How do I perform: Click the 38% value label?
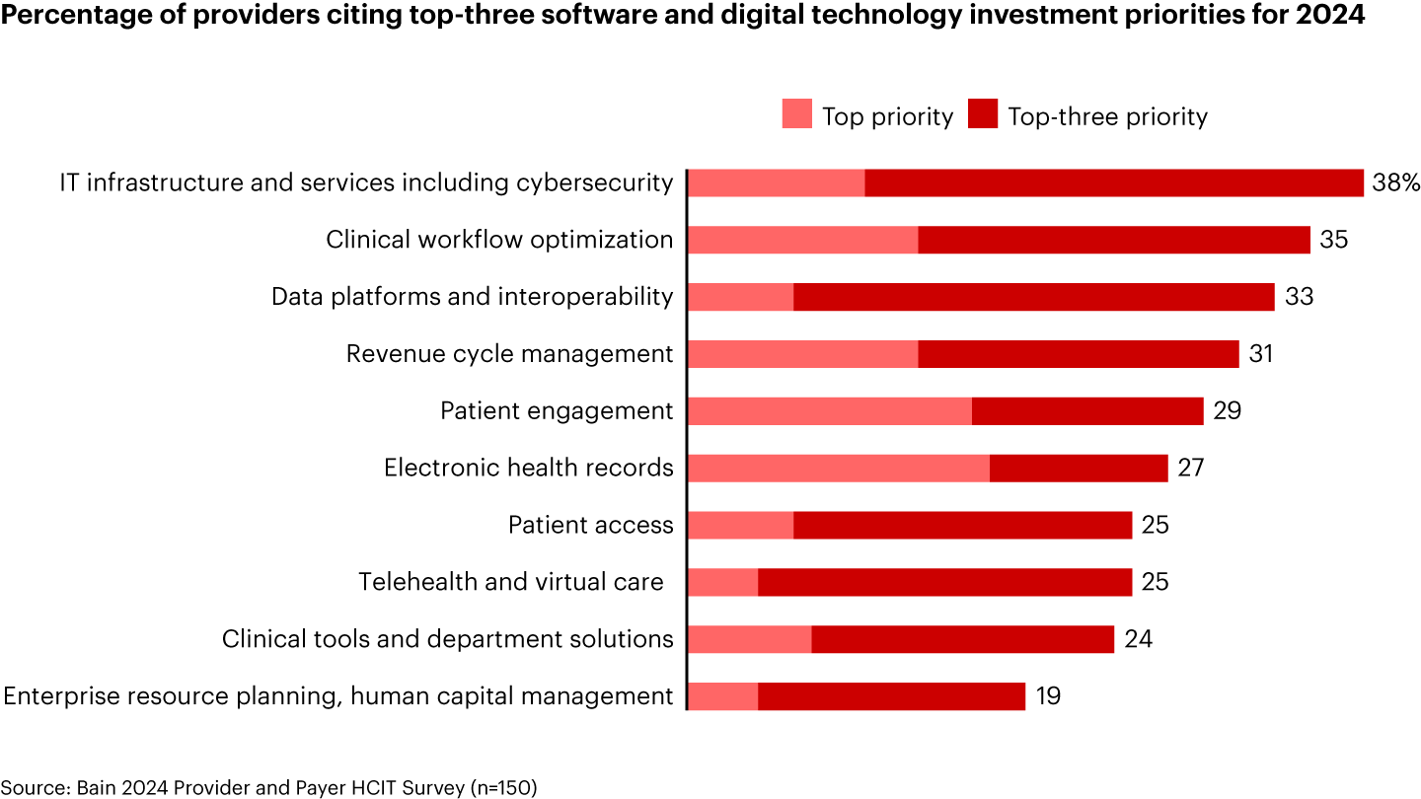pos(1395,182)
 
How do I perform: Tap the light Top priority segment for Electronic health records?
pos(839,468)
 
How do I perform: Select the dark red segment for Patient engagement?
pos(1087,411)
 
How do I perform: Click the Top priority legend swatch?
pos(796,114)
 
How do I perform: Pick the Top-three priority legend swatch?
pos(983,114)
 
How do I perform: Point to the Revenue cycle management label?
pos(509,354)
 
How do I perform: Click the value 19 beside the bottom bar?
pos(1048,696)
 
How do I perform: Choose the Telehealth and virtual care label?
pos(511,582)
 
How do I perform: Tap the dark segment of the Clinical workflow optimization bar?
pos(1114,240)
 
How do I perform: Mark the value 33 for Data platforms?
pos(1299,297)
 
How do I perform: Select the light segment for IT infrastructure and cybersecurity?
pos(777,182)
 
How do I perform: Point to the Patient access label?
pos(590,525)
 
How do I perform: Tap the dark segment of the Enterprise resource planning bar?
pos(892,696)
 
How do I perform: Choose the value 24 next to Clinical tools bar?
pos(1138,639)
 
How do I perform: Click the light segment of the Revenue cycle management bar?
pos(803,354)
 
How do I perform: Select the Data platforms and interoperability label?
pos(473,297)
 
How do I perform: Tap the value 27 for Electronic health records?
pos(1191,468)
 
